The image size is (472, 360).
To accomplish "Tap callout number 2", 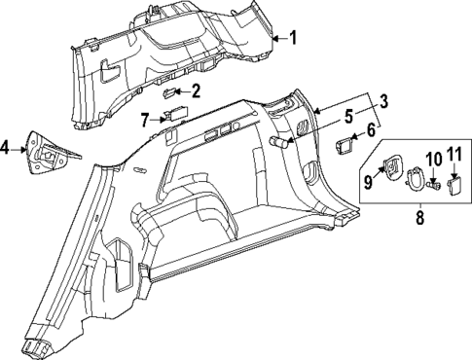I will click(196, 92).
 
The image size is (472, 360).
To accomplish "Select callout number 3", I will click(383, 102).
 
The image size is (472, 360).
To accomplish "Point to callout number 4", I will click(7, 148).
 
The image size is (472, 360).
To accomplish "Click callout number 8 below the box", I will click(419, 219).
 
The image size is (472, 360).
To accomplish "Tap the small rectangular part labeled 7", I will click(175, 114).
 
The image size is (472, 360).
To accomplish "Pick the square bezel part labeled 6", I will click(345, 146).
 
